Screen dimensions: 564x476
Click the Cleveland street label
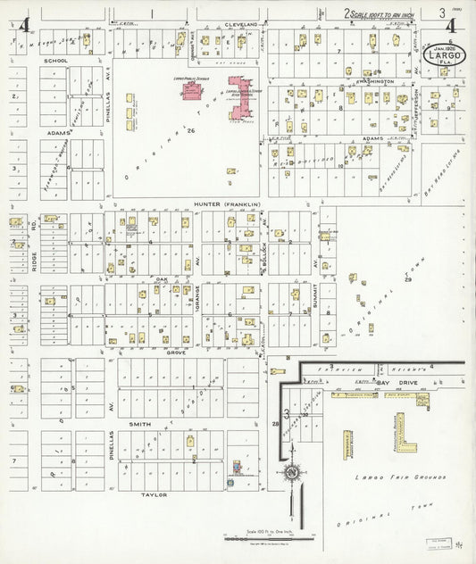pos(240,24)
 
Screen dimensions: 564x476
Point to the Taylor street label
pos(154,493)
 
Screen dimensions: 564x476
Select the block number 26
pos(191,130)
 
